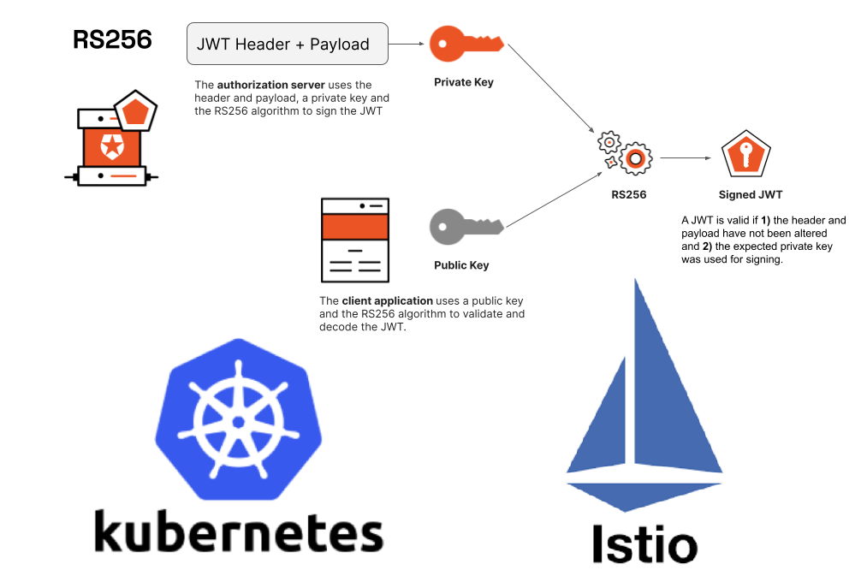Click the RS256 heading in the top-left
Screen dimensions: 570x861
[112, 40]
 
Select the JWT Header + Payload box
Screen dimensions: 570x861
[288, 44]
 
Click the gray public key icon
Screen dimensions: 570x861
[466, 226]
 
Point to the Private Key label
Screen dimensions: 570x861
[464, 83]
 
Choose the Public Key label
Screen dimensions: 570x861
[461, 265]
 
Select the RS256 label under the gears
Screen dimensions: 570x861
[629, 194]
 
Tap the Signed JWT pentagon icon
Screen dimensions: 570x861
[746, 156]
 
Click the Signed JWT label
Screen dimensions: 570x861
[751, 194]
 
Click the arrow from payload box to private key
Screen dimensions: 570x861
[407, 44]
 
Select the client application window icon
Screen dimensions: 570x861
[354, 240]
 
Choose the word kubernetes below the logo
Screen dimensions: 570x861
[239, 531]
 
